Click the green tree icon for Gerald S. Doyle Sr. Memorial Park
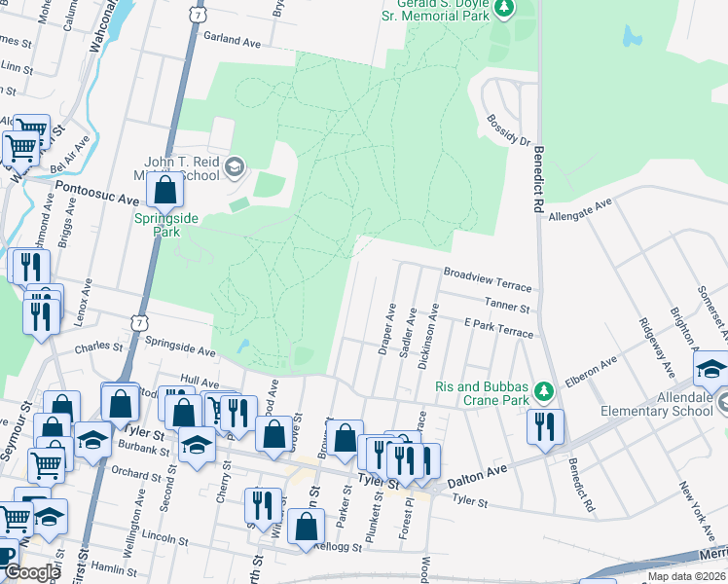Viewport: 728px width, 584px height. [x=504, y=9]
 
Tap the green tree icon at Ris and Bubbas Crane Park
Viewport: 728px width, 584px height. [x=544, y=391]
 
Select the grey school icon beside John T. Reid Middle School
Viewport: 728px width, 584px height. [x=234, y=168]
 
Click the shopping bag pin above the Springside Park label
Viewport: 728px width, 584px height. [x=165, y=189]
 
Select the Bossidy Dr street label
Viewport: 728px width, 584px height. [x=508, y=131]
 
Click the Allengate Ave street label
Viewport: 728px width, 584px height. [x=579, y=210]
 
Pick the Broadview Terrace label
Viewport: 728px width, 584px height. [x=487, y=280]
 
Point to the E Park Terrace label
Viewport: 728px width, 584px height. [x=498, y=328]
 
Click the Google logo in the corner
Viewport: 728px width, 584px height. [x=32, y=572]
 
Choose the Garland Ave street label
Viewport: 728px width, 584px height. [x=234, y=40]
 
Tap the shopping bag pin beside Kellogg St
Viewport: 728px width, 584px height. [x=306, y=527]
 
